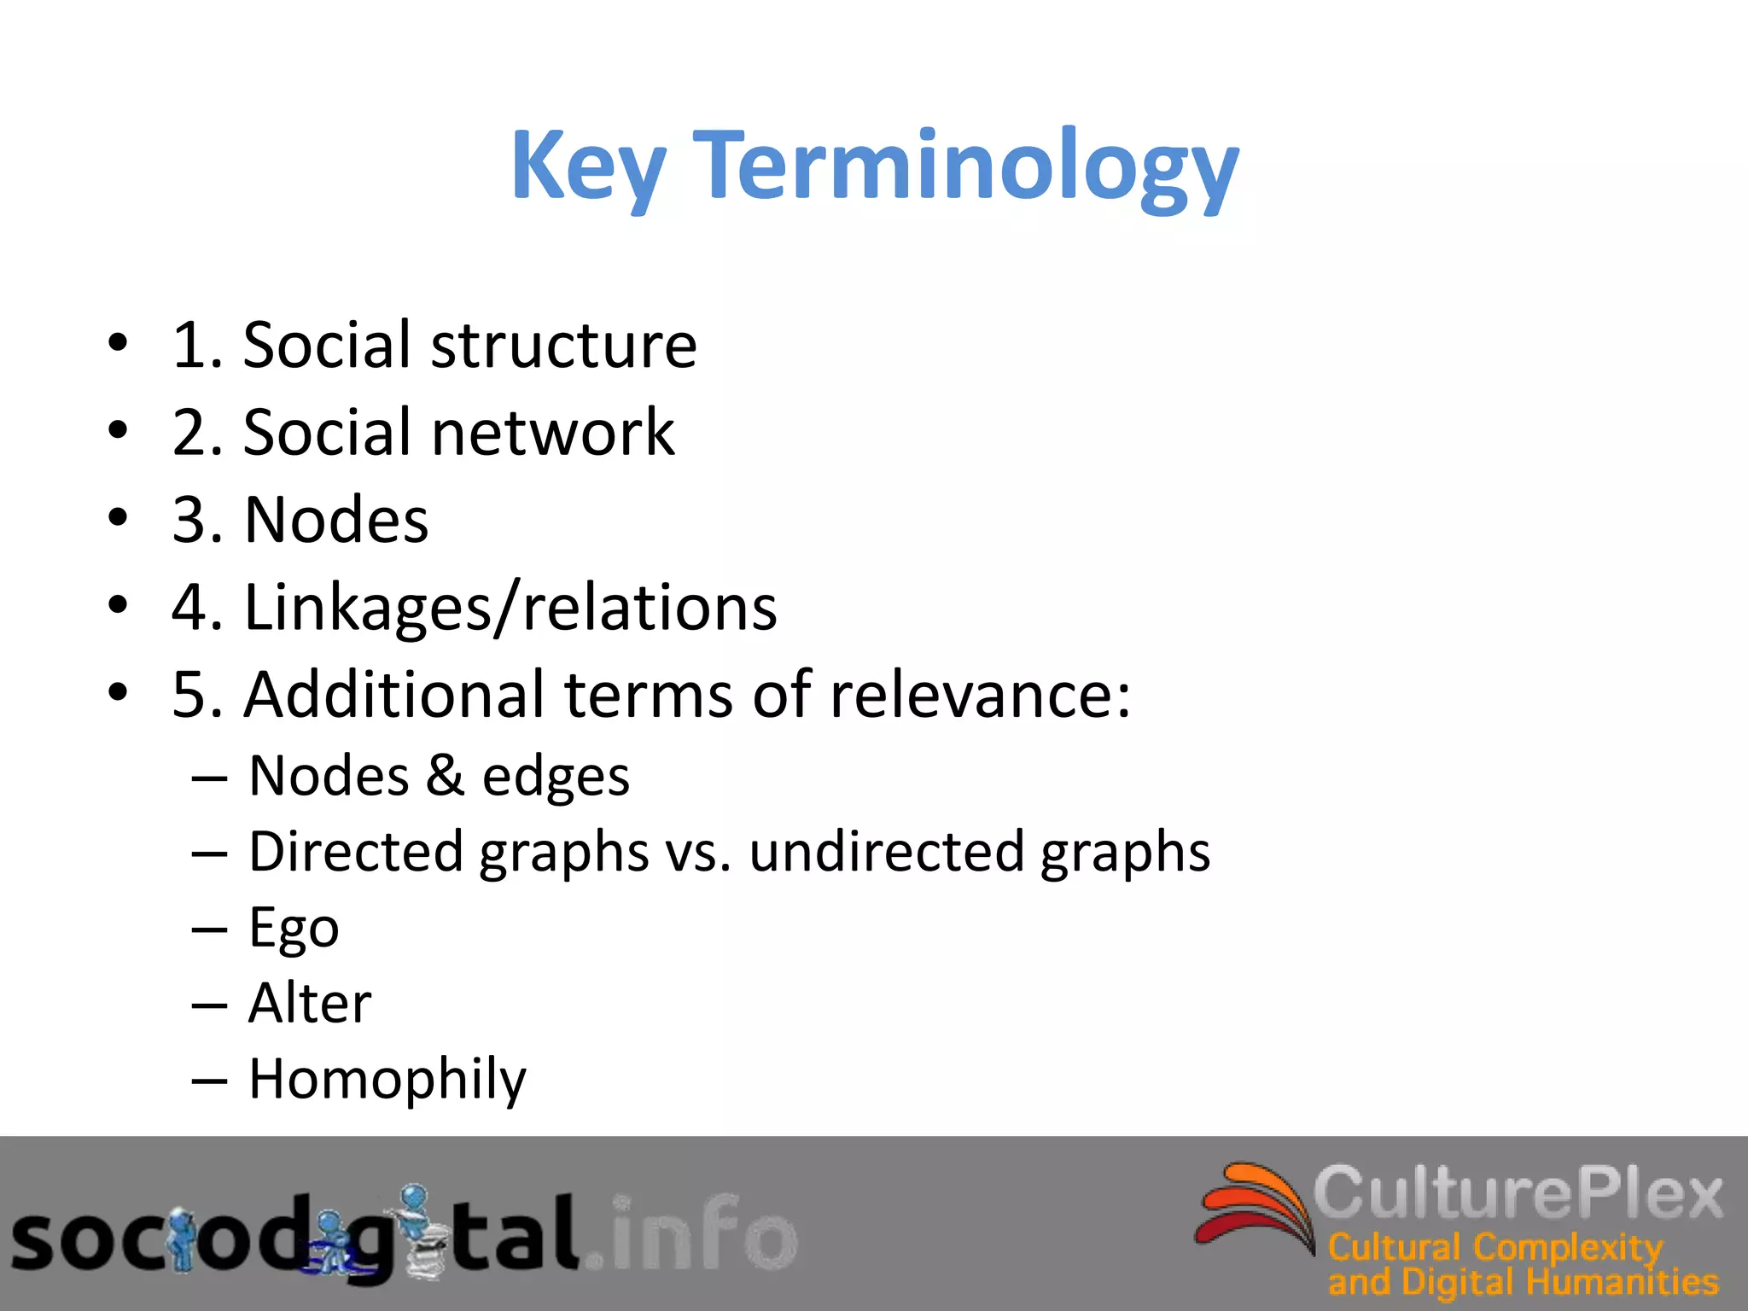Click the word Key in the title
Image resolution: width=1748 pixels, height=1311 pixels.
[x=587, y=166]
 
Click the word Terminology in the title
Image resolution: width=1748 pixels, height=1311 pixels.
[x=968, y=166]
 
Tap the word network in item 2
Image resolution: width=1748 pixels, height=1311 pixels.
[x=553, y=433]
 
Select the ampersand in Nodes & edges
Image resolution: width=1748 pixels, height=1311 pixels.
[x=445, y=777]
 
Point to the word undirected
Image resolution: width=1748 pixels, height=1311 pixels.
[x=886, y=852]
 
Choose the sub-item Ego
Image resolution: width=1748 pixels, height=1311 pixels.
[x=294, y=929]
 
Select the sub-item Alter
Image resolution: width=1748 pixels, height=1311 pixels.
[x=310, y=1003]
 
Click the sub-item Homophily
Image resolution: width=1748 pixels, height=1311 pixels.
[x=387, y=1080]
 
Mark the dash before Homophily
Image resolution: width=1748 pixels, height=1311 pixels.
[x=209, y=1081]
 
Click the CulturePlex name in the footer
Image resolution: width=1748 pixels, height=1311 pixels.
[x=1518, y=1193]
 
